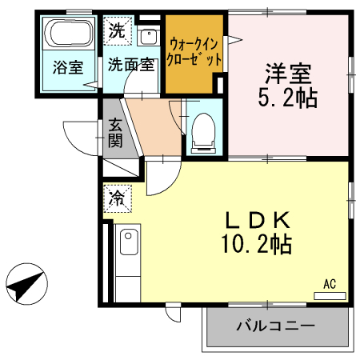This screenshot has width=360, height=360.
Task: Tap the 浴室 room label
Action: [69, 68]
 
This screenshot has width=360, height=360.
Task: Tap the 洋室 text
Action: [289, 75]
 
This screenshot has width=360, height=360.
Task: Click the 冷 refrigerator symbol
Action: [117, 196]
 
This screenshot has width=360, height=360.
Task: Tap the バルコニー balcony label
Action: [276, 327]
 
